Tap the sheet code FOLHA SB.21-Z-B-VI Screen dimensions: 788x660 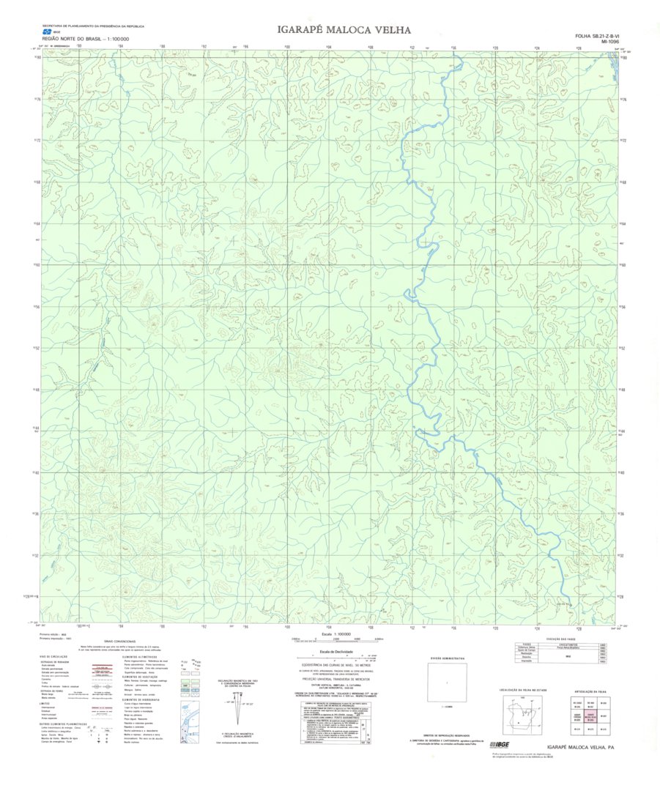[597, 36]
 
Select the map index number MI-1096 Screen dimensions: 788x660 [609, 42]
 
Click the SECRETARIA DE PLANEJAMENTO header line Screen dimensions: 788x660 [92, 26]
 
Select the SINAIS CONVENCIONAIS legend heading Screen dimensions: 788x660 [120, 641]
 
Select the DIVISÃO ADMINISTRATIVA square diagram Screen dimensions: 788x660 [447, 685]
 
